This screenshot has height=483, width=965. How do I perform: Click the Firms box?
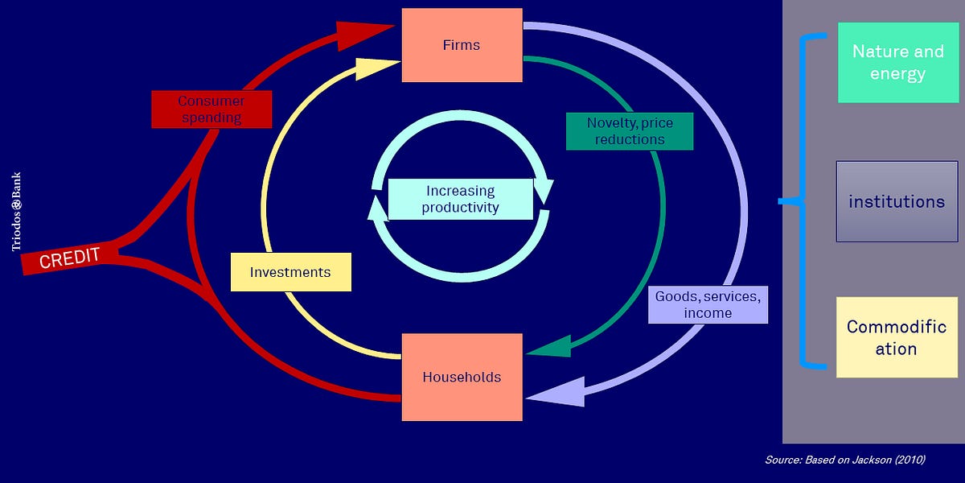pos(462,45)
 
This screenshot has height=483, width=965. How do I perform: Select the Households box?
pos(462,377)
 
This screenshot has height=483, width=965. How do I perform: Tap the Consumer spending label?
pos(211,109)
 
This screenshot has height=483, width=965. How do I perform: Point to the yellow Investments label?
pos(290,272)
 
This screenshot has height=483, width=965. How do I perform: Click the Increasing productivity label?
pos(461,199)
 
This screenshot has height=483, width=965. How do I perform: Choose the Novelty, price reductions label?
pos(629,131)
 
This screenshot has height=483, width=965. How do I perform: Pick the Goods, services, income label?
pos(708,304)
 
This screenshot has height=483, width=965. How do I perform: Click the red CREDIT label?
pos(70,258)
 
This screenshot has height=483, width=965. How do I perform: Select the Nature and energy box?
pos(898,63)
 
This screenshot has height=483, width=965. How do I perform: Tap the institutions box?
pos(897,201)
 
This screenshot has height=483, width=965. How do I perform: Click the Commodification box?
pos(897,337)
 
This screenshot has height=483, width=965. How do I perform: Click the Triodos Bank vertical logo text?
pos(16,212)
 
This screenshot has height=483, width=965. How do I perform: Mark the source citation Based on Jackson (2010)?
pos(844,460)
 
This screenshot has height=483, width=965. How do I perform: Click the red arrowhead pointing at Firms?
pos(362,34)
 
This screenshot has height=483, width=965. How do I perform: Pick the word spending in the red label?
pos(211,118)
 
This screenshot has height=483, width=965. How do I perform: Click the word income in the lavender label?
pos(708,313)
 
